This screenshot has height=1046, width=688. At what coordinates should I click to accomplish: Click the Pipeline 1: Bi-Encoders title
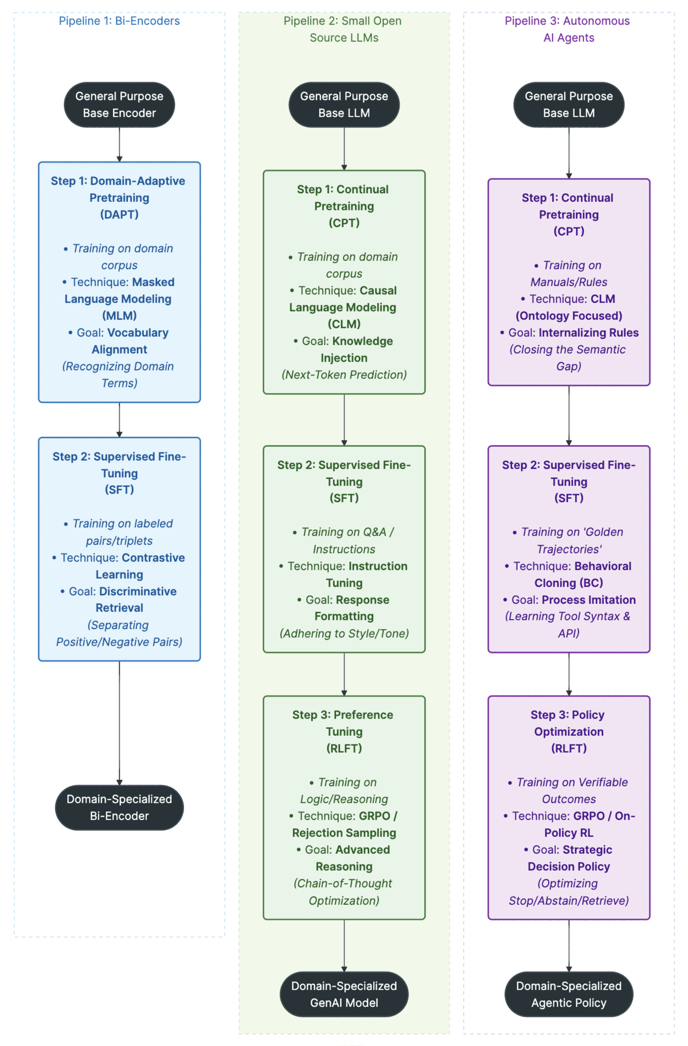tap(119, 21)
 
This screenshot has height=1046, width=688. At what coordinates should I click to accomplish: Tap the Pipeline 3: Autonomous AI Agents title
tap(568, 29)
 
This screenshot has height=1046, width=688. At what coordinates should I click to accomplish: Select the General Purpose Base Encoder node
tap(119, 105)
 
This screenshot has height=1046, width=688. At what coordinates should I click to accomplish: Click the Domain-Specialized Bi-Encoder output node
tap(119, 807)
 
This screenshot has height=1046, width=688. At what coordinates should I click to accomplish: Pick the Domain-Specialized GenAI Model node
tap(344, 994)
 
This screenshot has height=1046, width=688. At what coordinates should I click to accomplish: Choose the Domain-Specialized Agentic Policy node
tap(569, 994)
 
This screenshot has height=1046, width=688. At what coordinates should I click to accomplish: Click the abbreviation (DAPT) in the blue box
tap(119, 214)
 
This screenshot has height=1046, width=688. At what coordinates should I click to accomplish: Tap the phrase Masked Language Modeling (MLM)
tap(119, 299)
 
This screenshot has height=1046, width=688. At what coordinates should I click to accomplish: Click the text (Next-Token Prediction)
tap(344, 374)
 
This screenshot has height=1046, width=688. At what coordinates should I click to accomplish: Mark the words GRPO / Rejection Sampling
tap(344, 825)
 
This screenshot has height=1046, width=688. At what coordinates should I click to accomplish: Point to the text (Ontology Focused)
tap(569, 315)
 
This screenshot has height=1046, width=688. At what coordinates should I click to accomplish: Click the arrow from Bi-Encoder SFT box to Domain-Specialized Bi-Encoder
tap(119, 723)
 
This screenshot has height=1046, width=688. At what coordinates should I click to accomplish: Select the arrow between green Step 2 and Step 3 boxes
tap(344, 674)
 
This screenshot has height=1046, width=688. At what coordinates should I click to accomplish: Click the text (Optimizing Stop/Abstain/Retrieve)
tap(569, 892)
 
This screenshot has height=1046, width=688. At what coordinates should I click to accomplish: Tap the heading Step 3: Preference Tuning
tap(344, 723)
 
